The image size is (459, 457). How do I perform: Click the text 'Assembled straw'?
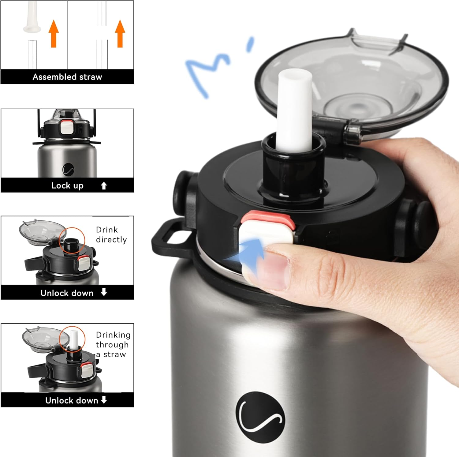[x=67, y=77]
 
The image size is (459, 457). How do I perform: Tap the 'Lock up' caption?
[x=67, y=185]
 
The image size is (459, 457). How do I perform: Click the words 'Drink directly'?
[x=111, y=234]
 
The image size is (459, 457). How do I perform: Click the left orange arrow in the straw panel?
[x=54, y=34]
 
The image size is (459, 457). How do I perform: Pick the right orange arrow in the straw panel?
[x=120, y=34]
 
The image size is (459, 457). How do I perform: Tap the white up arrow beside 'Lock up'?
[x=104, y=185]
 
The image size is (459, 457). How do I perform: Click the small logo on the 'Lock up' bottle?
[x=68, y=170]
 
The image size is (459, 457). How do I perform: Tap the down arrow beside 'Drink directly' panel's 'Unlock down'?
[x=104, y=292]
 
